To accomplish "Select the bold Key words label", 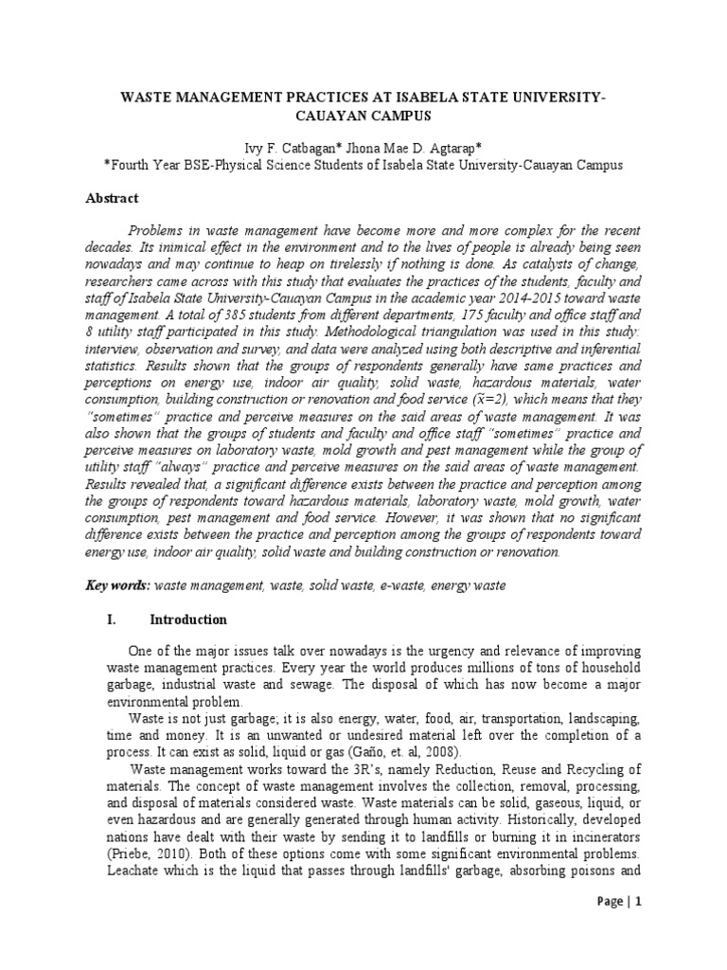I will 118,586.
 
